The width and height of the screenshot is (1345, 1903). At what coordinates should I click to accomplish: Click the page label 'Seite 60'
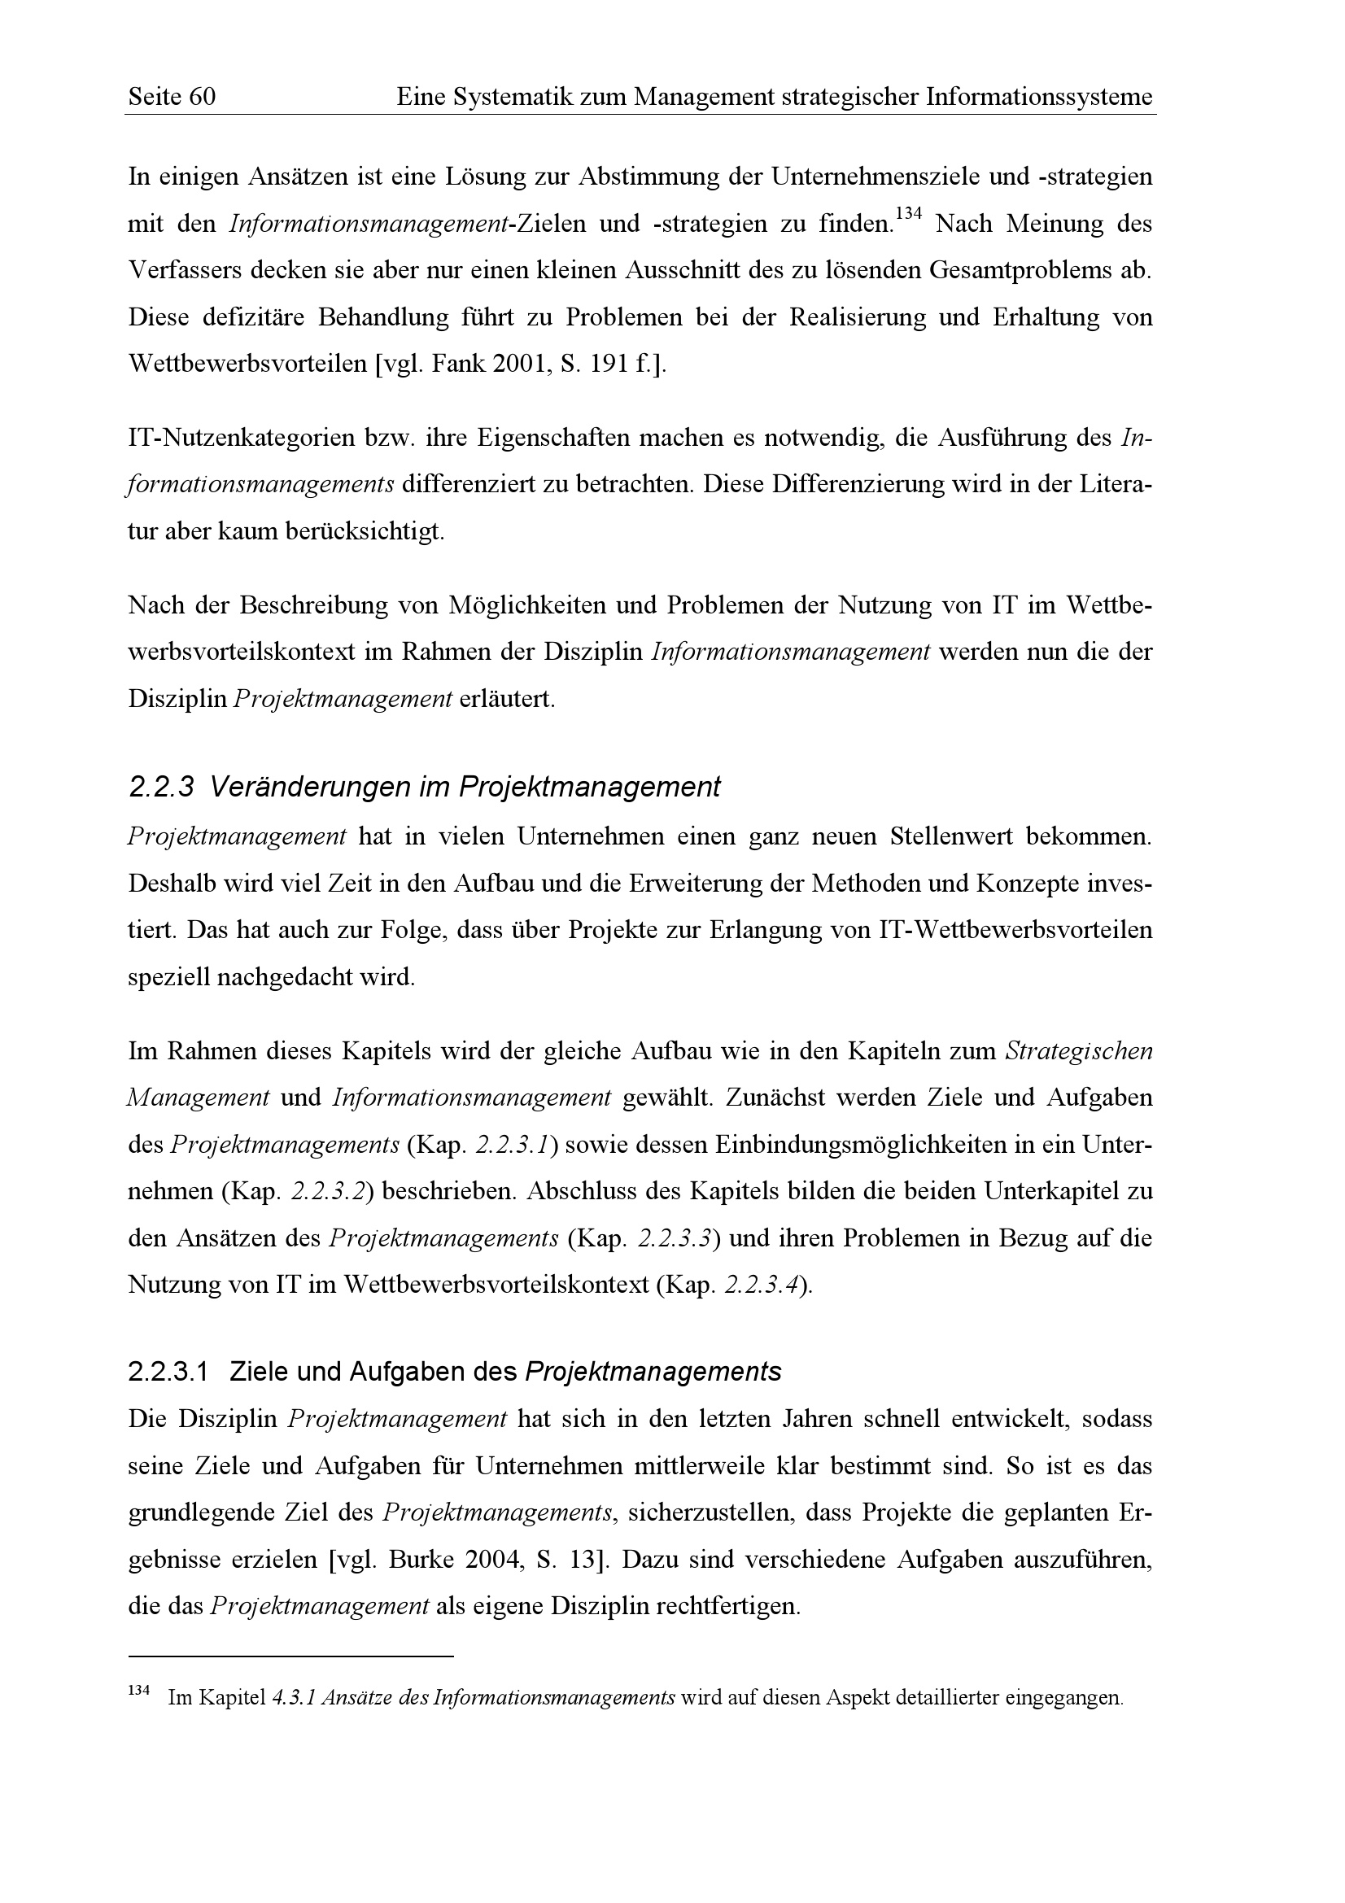[172, 98]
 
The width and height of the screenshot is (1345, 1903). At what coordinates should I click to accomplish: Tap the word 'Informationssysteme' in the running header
[1038, 98]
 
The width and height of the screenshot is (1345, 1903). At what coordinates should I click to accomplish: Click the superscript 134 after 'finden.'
[909, 215]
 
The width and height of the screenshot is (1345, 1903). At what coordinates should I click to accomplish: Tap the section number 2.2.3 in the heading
[161, 787]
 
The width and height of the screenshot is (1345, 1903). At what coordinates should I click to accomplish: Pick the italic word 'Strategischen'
[1078, 1051]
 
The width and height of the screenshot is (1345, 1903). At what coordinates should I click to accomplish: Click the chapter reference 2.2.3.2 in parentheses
[328, 1192]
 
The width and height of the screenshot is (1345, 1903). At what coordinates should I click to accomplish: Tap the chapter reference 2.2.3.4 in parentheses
[762, 1285]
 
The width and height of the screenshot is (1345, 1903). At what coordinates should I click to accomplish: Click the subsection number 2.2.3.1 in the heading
[168, 1372]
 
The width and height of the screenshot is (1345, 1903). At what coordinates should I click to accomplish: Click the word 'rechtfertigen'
[727, 1606]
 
